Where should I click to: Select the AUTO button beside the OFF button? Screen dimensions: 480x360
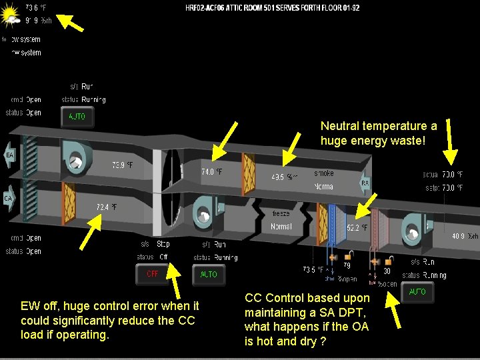(x=209, y=274)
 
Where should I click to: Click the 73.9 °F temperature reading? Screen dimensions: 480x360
(x=123, y=165)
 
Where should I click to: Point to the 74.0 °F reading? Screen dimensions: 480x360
(x=212, y=171)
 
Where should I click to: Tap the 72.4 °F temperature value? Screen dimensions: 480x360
(x=107, y=207)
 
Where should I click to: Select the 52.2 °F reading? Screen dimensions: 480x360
(x=357, y=227)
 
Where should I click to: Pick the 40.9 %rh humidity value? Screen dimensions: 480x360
(x=465, y=236)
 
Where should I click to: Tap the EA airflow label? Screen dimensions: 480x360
(x=9, y=155)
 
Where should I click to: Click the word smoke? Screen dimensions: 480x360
(x=324, y=173)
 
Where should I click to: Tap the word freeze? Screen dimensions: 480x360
(x=281, y=214)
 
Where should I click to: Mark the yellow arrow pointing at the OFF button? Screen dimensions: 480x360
(x=174, y=278)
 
